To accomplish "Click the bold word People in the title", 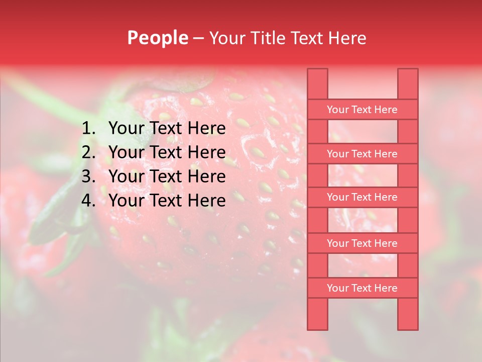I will coord(157,38).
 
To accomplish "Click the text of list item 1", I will coord(167,129).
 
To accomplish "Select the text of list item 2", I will coord(167,152).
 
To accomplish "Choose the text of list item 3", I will coord(167,176).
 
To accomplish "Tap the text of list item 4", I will coord(167,201).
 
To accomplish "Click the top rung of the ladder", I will coord(362,110).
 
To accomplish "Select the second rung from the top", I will coord(362,154).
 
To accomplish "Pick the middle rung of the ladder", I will coord(362,198).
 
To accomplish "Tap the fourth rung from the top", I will coord(362,243).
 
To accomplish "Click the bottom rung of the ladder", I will coord(362,288).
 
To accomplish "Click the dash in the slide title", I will coord(199,38).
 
